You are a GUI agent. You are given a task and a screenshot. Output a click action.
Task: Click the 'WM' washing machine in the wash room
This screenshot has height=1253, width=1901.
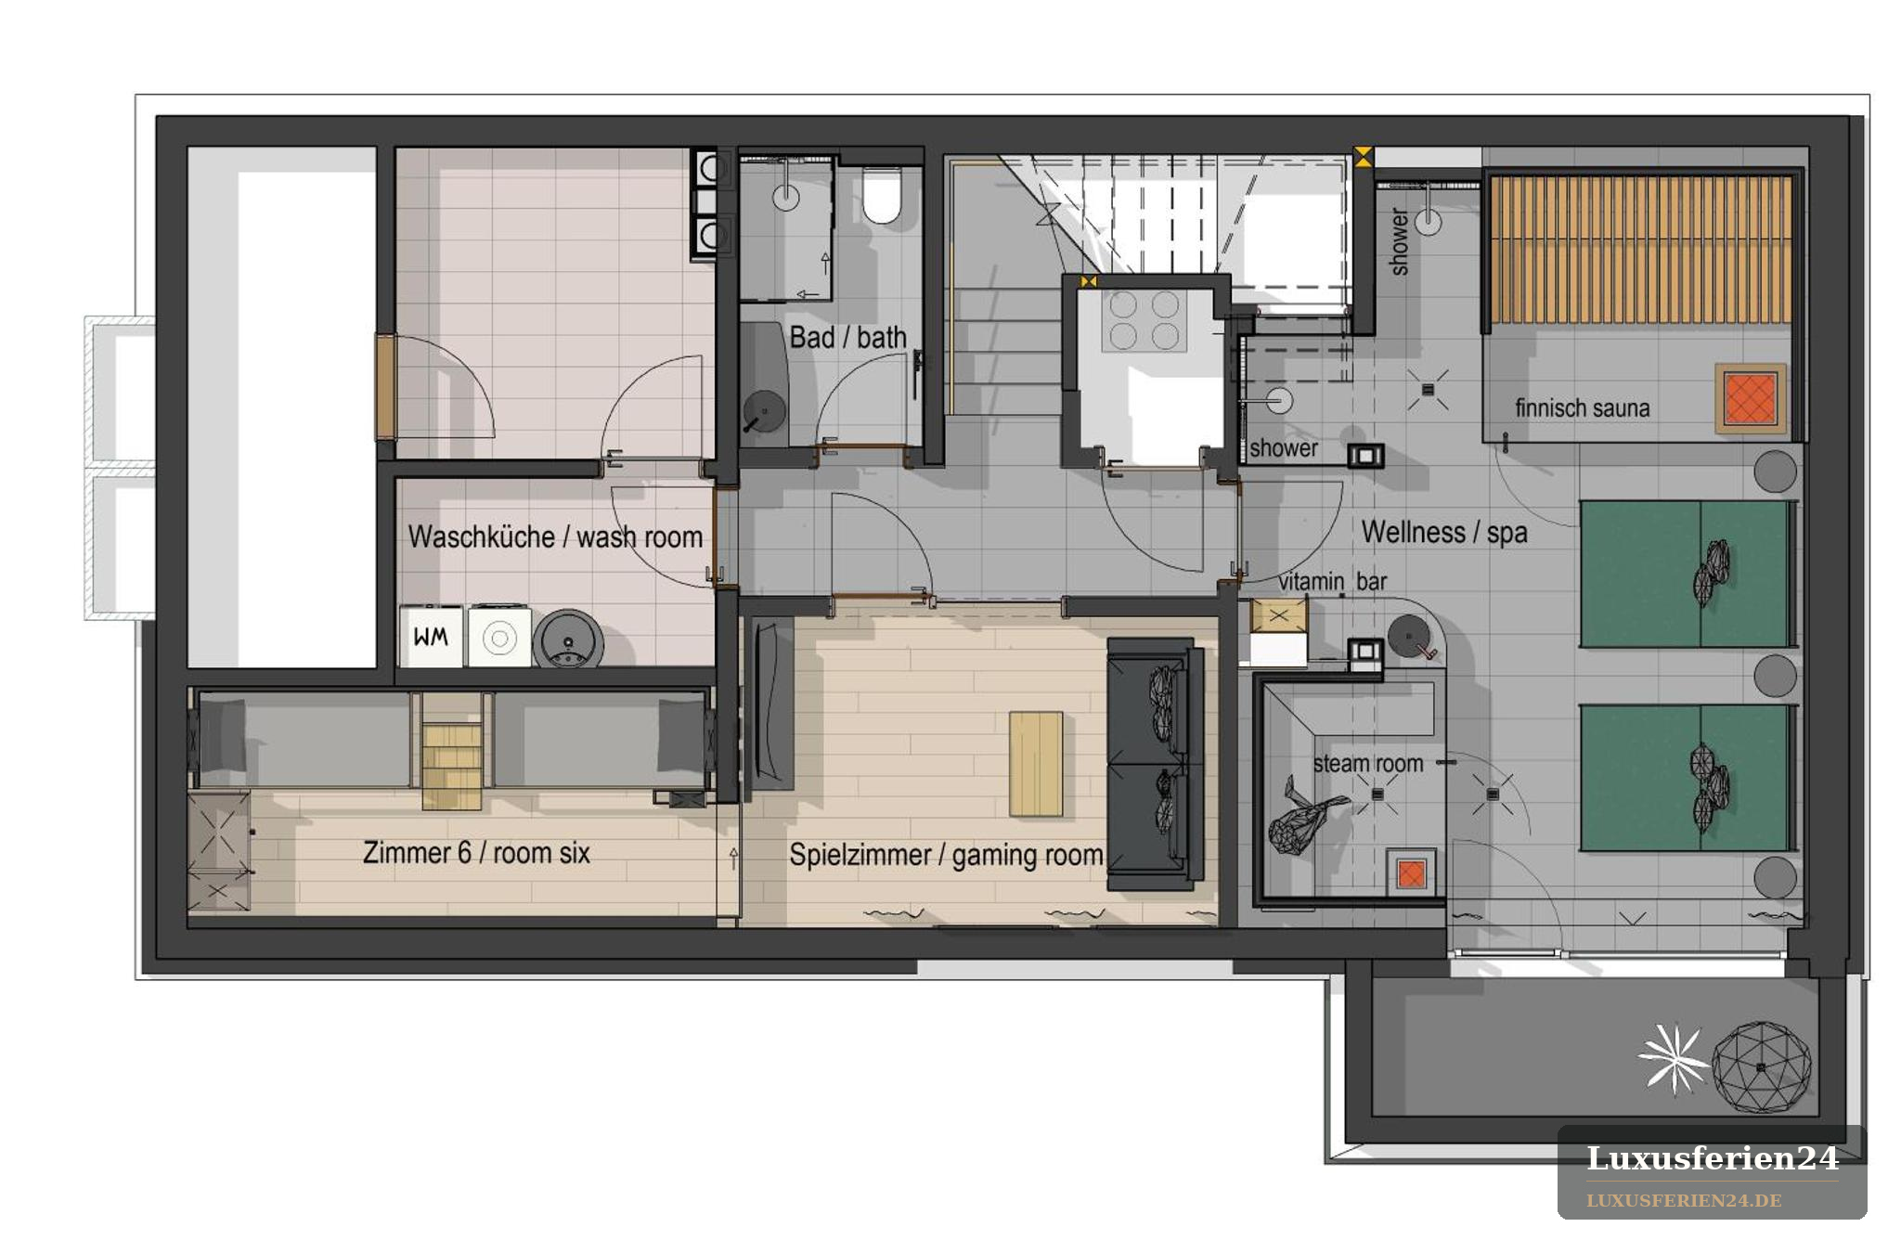point(431,636)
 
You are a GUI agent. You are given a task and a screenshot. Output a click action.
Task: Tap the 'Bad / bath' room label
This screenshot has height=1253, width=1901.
point(847,337)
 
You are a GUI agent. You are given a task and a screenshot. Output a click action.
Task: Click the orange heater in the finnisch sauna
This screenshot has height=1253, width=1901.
point(1750,397)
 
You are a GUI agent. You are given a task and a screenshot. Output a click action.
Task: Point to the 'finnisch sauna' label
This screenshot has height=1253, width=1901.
point(1582,408)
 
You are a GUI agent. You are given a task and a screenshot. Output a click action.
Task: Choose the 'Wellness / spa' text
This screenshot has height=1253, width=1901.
point(1443,533)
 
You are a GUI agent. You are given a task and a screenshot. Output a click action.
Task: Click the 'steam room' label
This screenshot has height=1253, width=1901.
point(1367,764)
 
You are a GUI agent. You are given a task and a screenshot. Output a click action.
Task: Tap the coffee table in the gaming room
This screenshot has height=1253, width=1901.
point(1036,764)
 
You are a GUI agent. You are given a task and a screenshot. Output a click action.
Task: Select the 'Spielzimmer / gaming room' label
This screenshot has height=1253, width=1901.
point(946,855)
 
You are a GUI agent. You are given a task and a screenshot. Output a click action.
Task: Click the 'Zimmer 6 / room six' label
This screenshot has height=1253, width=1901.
point(476,853)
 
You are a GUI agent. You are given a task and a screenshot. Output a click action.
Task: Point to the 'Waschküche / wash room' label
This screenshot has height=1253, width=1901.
point(555,537)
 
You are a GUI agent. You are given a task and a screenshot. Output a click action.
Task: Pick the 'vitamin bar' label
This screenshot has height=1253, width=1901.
point(1332,582)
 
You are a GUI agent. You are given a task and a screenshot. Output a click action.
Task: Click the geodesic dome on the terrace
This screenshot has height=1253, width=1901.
point(1761,1066)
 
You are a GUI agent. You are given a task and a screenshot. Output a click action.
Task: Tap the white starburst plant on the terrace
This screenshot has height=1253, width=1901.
point(1673,1059)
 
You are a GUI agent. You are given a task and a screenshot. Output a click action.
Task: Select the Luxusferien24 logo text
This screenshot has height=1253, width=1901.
point(1712,1158)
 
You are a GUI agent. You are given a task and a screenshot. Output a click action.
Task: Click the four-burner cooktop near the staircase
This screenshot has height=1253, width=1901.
point(1144,320)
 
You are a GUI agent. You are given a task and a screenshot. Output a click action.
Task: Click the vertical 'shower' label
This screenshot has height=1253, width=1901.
point(1399,241)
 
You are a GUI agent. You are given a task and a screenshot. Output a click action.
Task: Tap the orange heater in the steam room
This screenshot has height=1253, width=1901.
point(1411,873)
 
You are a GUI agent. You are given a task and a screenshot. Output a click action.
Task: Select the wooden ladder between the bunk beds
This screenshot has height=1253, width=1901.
point(451,751)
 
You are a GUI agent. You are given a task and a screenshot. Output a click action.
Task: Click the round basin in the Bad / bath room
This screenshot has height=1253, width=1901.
point(765,409)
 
